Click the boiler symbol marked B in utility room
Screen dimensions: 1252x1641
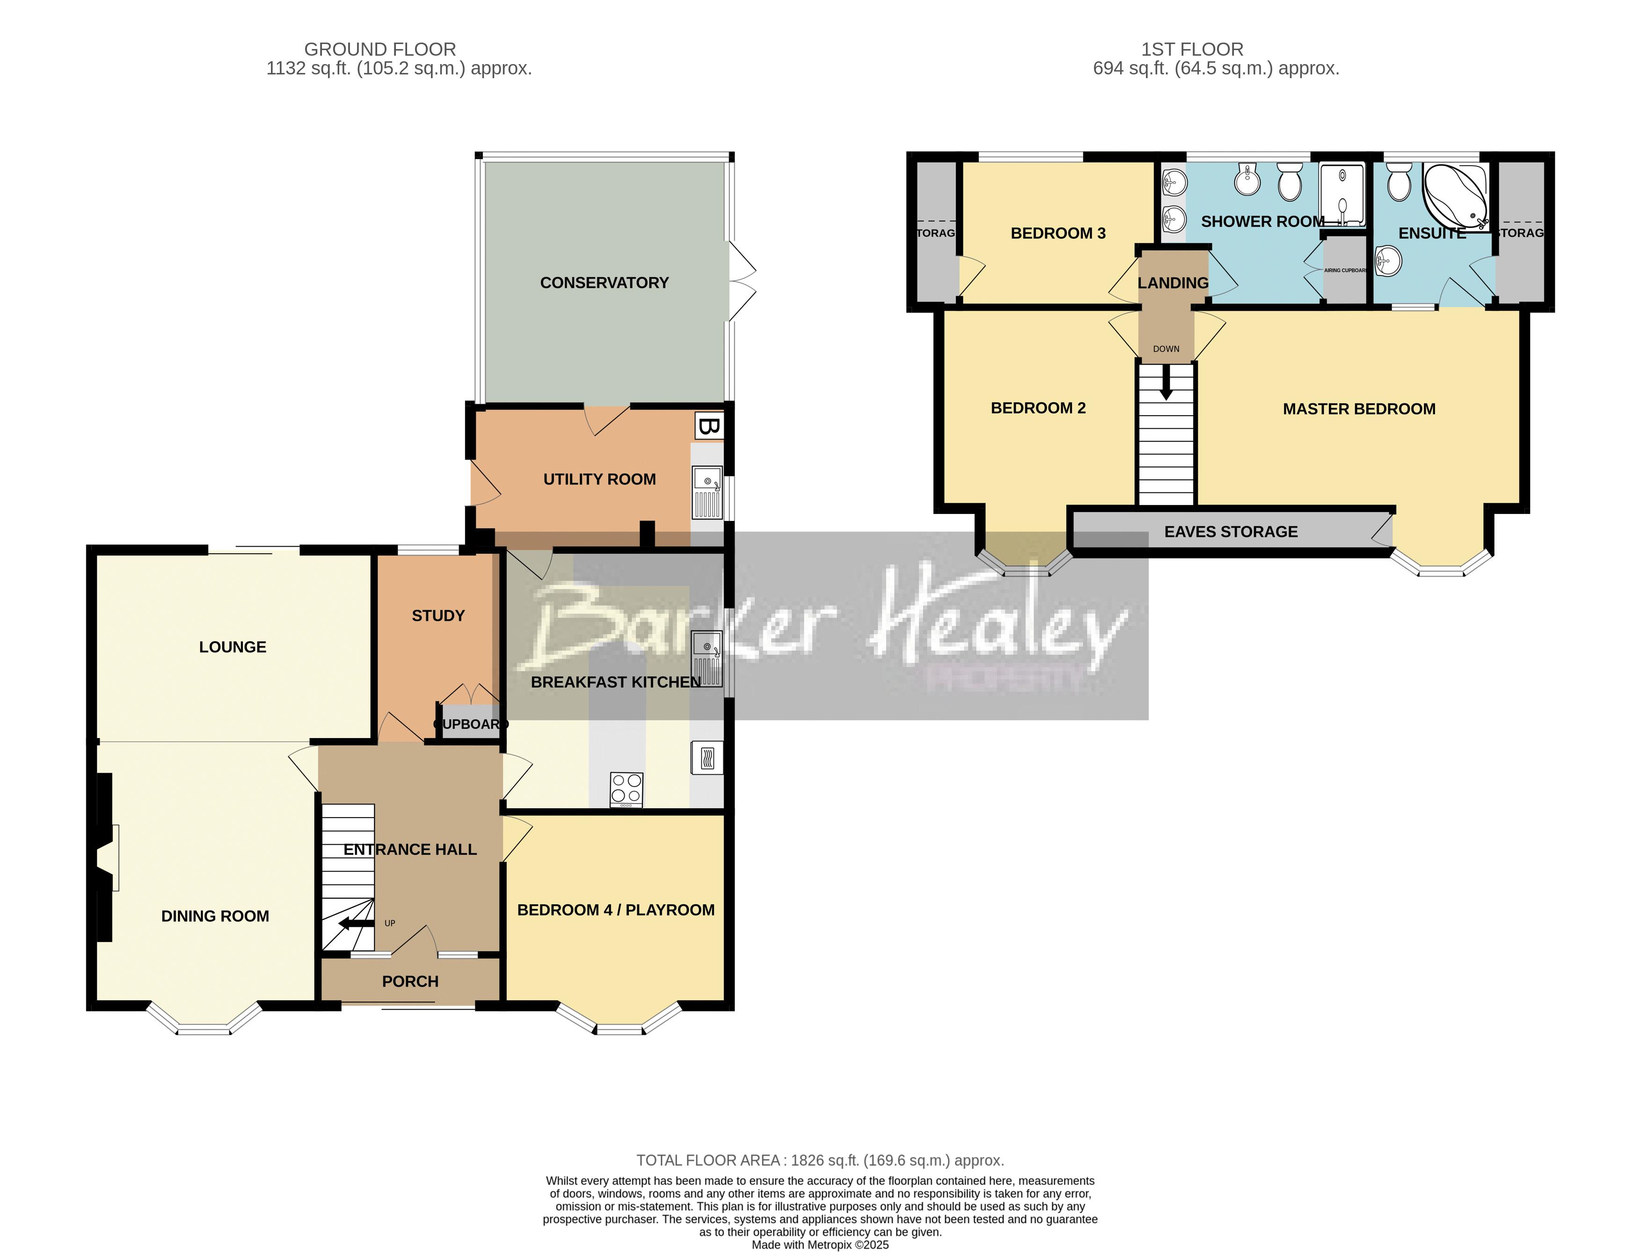coord(708,426)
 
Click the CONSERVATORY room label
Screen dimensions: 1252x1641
coord(604,282)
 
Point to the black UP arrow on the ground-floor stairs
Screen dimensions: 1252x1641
coord(356,924)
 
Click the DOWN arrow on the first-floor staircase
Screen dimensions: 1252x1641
coord(1166,384)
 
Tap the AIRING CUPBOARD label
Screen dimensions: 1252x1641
coord(1344,271)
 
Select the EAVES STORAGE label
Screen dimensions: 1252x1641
coord(1231,531)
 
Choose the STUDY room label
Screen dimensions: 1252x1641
coord(438,615)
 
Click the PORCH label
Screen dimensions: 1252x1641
coord(410,981)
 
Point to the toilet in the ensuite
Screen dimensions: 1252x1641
coord(1399,182)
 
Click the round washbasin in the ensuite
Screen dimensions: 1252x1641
coord(1388,261)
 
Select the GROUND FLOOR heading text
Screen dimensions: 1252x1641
coord(380,49)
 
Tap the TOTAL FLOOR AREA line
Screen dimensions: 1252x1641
coord(819,1160)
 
